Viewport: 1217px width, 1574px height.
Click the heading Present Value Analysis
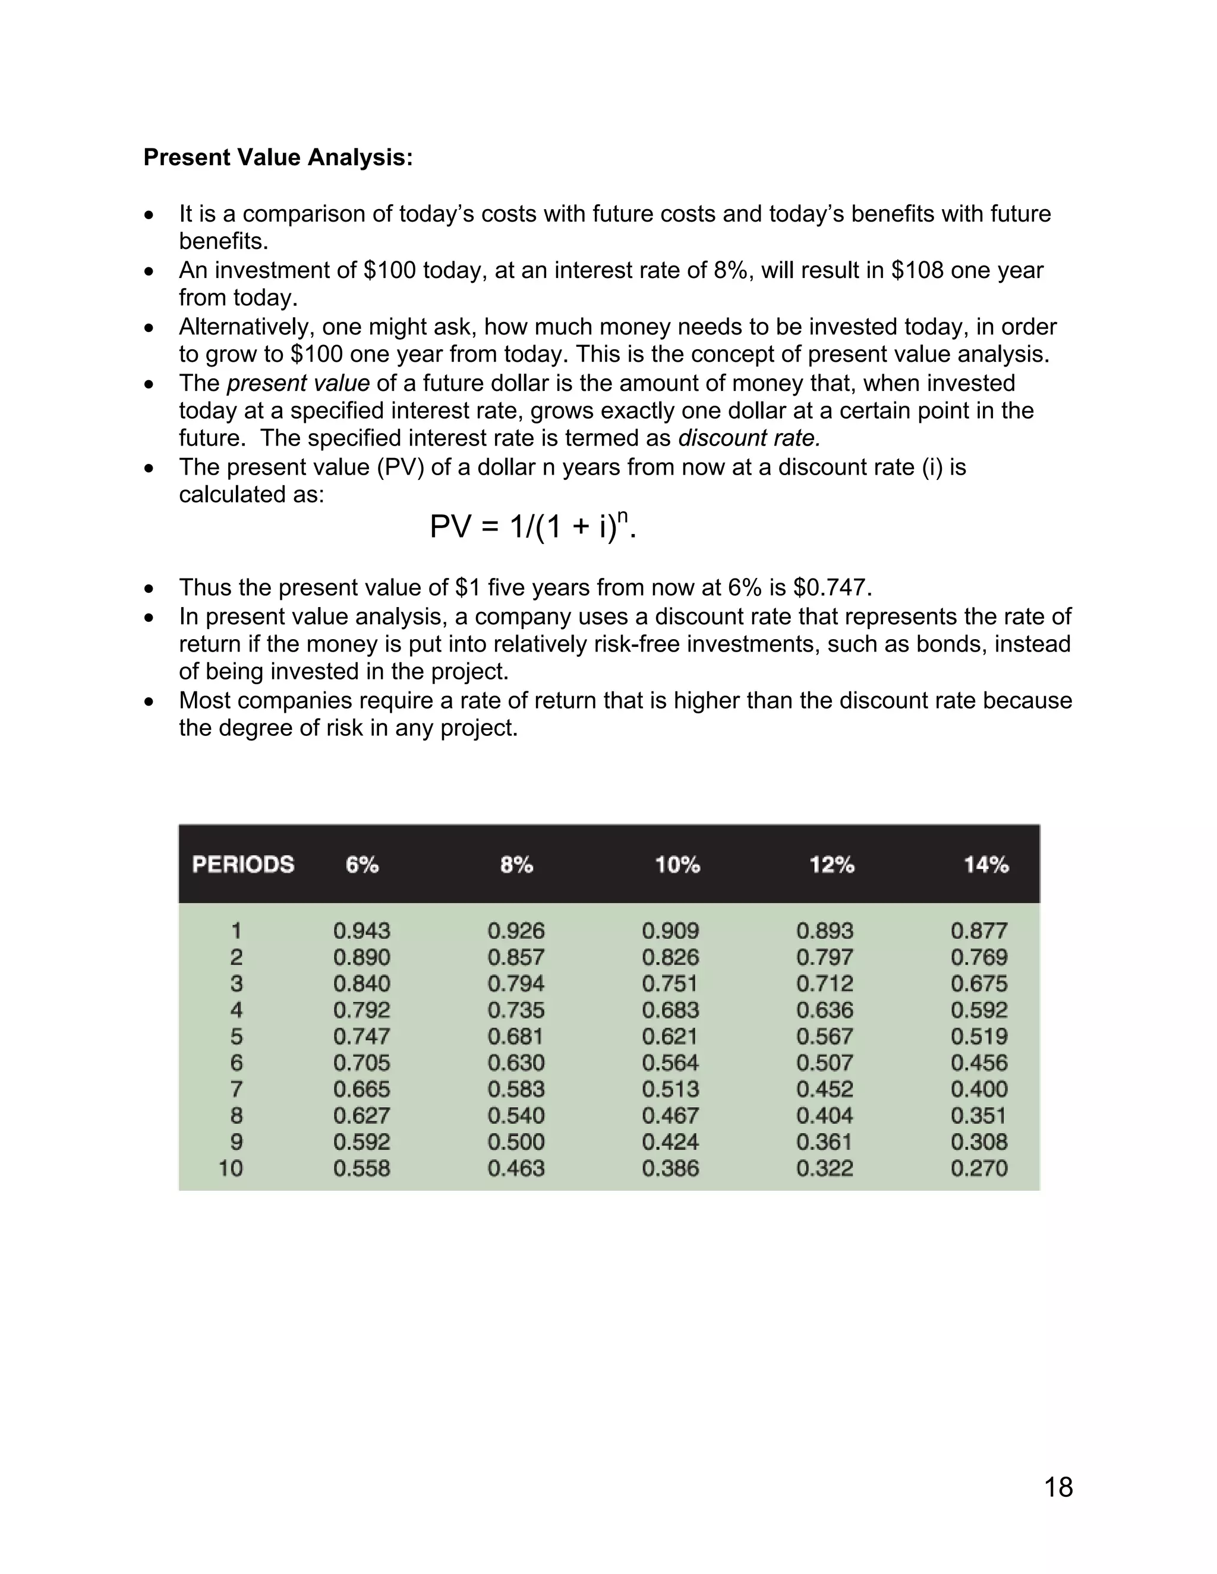pos(278,157)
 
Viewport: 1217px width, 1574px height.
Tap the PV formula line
pos(533,527)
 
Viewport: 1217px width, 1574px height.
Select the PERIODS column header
pos(243,864)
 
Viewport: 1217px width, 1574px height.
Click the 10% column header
pos(677,864)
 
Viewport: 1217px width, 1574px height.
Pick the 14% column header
pos(986,864)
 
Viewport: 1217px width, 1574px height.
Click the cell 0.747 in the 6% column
pos(361,1036)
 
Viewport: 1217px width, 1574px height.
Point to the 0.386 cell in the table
pos(670,1168)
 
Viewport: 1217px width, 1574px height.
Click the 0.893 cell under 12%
pos(824,930)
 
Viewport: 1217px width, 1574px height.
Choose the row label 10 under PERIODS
pos(231,1168)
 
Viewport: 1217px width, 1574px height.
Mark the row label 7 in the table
pos(237,1089)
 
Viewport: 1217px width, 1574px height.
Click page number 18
pos(1058,1487)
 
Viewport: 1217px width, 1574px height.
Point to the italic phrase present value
pos(298,383)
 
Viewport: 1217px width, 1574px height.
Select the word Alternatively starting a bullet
pos(247,327)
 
